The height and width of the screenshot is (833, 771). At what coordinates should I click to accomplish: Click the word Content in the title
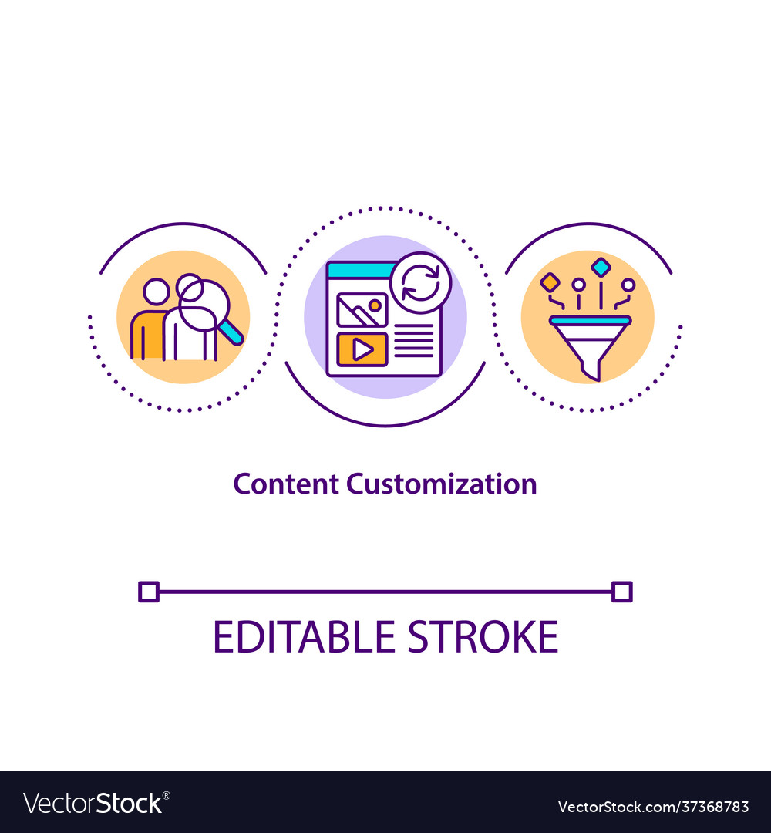(x=285, y=484)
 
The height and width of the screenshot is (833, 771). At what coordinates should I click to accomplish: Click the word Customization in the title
(x=441, y=484)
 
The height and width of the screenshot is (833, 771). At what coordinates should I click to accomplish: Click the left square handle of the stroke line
(x=149, y=592)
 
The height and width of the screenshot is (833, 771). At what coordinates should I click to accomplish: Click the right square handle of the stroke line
(x=621, y=592)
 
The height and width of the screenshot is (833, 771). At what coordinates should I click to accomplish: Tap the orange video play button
(x=362, y=349)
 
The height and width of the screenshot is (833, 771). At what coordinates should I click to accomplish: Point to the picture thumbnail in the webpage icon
(x=362, y=309)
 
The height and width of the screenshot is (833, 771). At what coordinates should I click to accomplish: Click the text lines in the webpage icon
(x=414, y=340)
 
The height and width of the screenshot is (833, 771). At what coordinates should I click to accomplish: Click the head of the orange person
(x=156, y=292)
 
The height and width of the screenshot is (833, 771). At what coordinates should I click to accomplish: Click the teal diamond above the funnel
(x=601, y=267)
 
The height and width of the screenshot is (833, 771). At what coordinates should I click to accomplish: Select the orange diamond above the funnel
(x=550, y=282)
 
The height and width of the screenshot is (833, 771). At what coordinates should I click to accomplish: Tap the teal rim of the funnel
(x=590, y=320)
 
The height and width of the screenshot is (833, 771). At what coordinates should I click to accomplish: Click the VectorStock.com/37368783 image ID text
(x=653, y=807)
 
